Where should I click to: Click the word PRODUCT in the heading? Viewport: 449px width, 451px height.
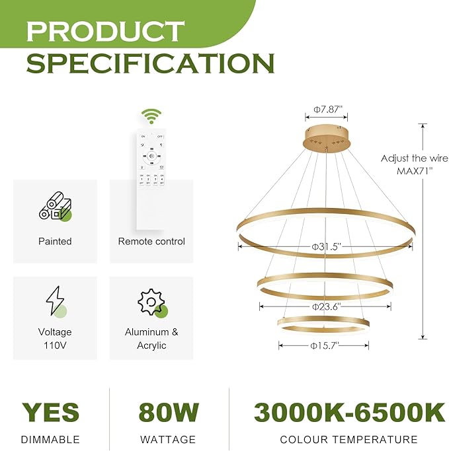[106, 31]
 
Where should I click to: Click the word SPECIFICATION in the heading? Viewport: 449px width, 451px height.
[150, 63]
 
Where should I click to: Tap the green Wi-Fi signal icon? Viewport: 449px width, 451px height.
[152, 117]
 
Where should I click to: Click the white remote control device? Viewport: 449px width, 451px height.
[151, 165]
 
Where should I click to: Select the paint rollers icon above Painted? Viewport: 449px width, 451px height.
[55, 207]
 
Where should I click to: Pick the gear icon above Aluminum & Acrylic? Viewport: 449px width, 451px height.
[151, 302]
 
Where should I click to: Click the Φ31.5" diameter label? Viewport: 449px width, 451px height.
[326, 246]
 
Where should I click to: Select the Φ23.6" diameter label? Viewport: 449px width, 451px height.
[326, 306]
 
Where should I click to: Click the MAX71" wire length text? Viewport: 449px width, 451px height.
[415, 170]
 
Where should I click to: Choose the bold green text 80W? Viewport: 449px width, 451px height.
[169, 412]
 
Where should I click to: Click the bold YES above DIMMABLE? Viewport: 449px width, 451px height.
[50, 412]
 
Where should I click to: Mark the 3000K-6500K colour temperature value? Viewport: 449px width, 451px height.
[349, 412]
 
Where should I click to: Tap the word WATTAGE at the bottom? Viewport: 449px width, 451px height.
[168, 439]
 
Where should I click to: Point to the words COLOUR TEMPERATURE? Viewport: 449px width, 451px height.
[348, 439]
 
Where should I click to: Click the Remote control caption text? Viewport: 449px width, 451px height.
[151, 242]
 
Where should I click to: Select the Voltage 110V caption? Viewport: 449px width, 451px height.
[55, 339]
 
